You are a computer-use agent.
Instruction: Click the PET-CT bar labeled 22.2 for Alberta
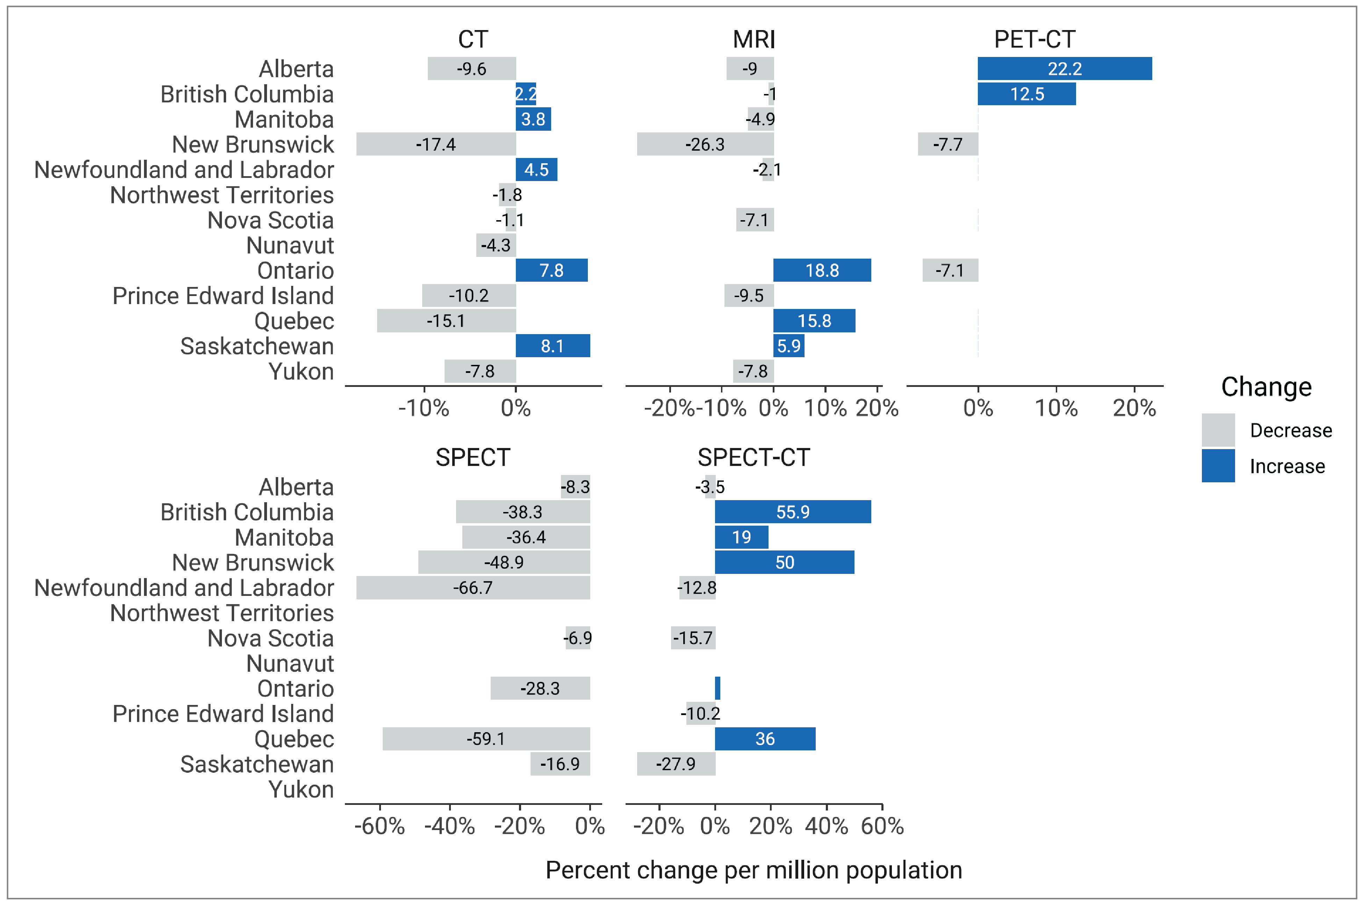tap(1064, 69)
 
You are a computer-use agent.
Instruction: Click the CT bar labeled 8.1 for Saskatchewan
tap(553, 346)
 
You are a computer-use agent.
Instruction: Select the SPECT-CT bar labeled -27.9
tap(676, 764)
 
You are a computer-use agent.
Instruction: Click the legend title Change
tap(1266, 387)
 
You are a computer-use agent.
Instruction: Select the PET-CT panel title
tap(1034, 39)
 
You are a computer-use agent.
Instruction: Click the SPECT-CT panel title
tap(753, 457)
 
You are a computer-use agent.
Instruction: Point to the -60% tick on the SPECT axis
tap(380, 826)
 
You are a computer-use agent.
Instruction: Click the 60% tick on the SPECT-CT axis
tap(881, 826)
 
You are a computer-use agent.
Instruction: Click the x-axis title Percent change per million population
tap(753, 870)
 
